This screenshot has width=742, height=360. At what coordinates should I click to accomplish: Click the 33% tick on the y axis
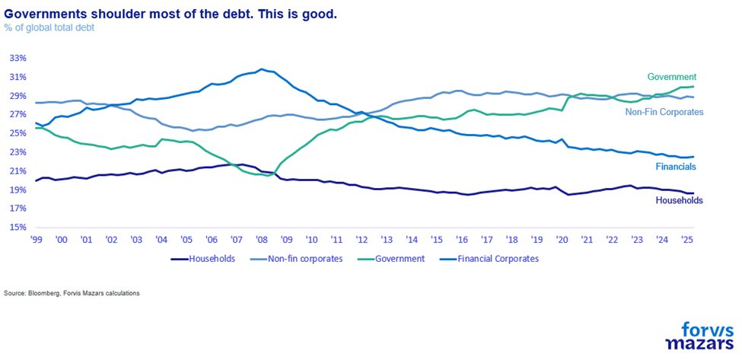click(x=19, y=58)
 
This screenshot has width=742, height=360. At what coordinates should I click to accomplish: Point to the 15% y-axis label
click(x=19, y=227)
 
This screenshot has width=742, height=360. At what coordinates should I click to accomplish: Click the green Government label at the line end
click(x=672, y=77)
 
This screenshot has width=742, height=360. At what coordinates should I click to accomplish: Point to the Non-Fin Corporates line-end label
click(x=664, y=112)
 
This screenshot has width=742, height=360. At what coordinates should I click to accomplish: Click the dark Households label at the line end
click(x=679, y=200)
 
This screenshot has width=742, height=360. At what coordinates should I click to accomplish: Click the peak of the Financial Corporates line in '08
click(x=262, y=69)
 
